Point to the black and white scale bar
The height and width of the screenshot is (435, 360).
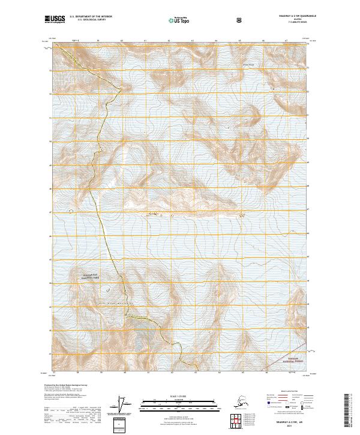point(179,401)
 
